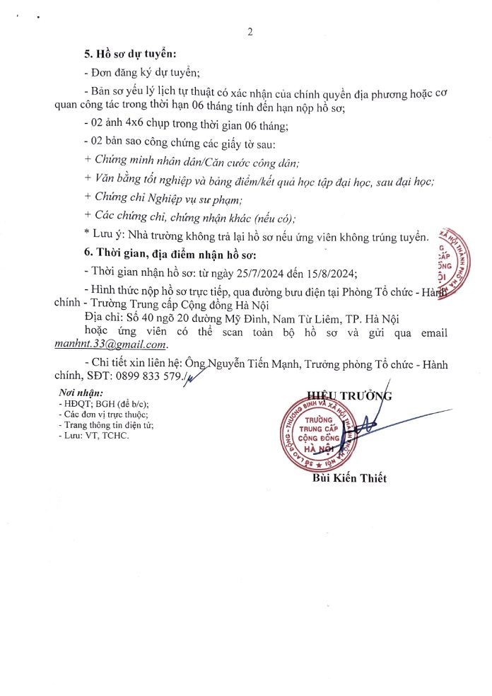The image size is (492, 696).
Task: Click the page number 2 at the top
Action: tap(250, 32)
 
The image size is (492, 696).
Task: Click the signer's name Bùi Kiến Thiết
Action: tap(350, 478)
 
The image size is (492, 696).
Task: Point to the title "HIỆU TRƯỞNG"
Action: tap(349, 395)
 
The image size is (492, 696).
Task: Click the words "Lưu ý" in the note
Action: tap(106, 235)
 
